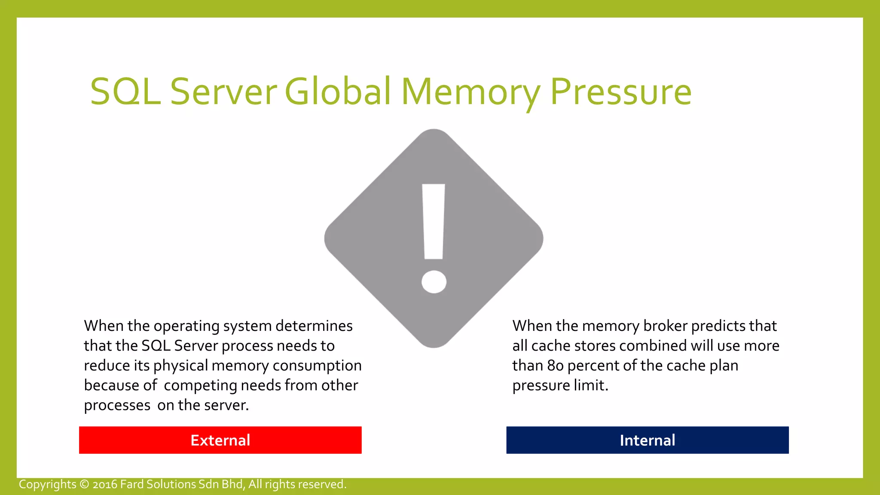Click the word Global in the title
[x=338, y=92]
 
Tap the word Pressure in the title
[x=621, y=92]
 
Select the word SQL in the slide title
[x=125, y=92]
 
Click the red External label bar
[x=220, y=440]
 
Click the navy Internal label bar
[x=647, y=440]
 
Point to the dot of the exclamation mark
[x=434, y=282]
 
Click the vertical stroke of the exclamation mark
[x=434, y=222]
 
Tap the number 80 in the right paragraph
[x=555, y=366]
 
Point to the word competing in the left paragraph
[x=200, y=385]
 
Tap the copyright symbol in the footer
[x=85, y=484]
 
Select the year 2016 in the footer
[x=105, y=484]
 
